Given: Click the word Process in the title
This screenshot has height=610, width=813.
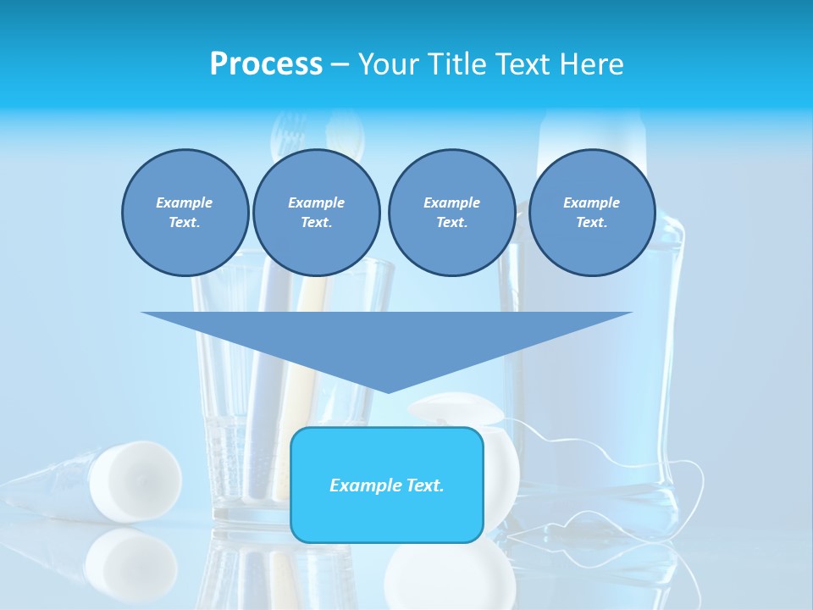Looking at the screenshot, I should [266, 64].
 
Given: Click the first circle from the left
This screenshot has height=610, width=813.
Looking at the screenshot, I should [185, 213].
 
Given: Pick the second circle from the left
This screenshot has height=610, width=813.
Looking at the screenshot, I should [316, 213].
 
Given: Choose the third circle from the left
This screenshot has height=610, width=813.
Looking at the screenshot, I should [451, 213].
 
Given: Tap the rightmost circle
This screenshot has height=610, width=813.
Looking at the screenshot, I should [591, 213].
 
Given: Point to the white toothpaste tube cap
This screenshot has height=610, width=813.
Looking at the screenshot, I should [135, 480].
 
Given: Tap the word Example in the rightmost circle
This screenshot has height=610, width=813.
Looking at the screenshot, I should [591, 202].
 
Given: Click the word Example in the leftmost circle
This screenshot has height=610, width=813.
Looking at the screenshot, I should [185, 202].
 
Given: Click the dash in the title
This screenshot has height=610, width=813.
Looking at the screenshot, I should [340, 64].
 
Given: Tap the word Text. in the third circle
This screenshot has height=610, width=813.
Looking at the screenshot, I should [451, 222].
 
